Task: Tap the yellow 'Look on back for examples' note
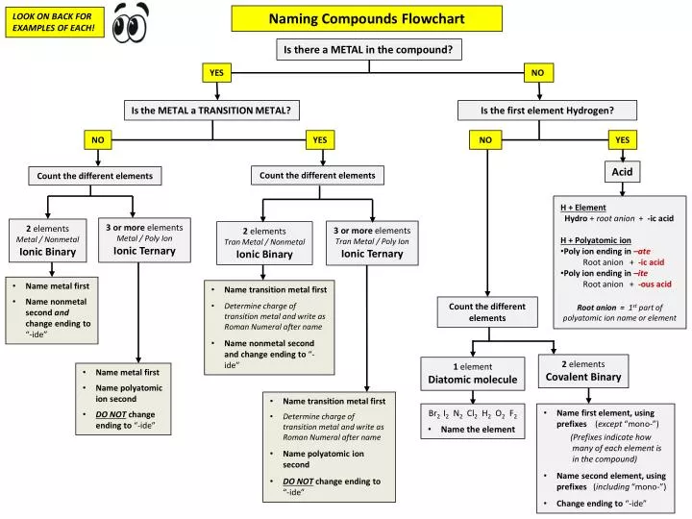click(x=54, y=22)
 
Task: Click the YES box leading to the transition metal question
click(x=217, y=73)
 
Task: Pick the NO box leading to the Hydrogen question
click(x=537, y=73)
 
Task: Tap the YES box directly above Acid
click(x=622, y=140)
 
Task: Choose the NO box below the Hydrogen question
click(x=485, y=140)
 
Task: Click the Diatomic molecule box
click(x=472, y=373)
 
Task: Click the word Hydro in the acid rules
click(x=576, y=219)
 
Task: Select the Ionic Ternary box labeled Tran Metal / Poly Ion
click(x=371, y=242)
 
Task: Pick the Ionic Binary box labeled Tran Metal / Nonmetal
click(x=264, y=243)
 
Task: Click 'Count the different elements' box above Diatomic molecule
click(x=487, y=311)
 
